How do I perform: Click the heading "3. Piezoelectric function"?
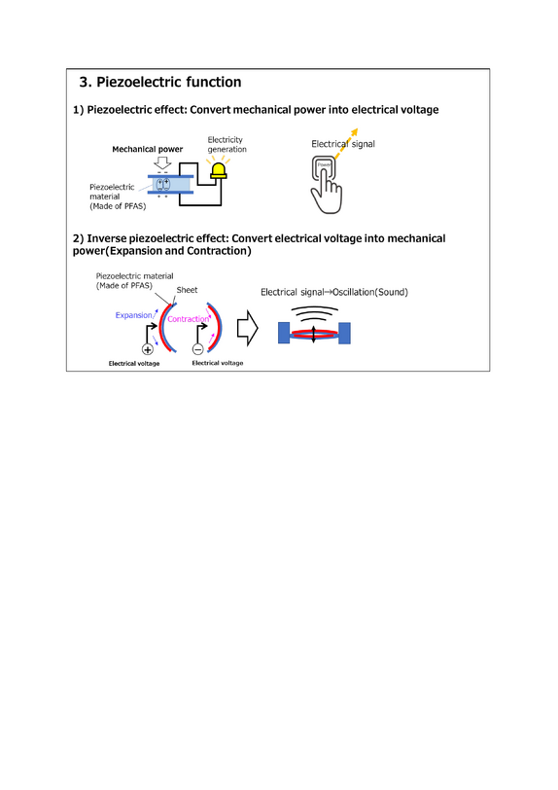(160, 82)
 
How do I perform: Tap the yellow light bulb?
(219, 171)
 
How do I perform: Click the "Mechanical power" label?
(148, 149)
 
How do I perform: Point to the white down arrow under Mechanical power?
(162, 162)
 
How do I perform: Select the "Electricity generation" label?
(227, 145)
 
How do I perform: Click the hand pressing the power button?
(327, 185)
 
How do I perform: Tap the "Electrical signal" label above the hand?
(343, 144)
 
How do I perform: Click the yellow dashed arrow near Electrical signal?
(345, 144)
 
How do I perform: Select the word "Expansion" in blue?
(133, 315)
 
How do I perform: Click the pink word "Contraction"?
(188, 319)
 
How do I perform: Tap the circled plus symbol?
(148, 349)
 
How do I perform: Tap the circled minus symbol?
(198, 349)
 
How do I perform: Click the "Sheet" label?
(187, 290)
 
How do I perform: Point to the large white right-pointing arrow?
(247, 328)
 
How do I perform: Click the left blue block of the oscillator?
(284, 333)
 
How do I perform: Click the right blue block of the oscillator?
(344, 333)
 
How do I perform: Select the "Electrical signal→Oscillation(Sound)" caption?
(334, 292)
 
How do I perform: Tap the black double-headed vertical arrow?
(314, 334)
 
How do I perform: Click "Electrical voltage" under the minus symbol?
(218, 363)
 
